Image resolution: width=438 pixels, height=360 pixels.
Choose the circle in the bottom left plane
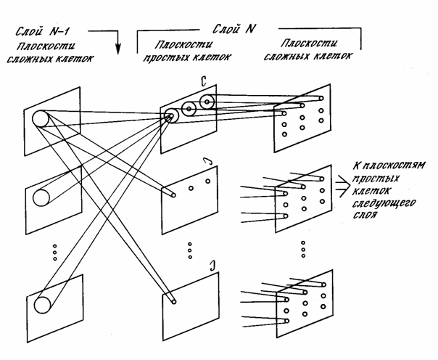pyautogui.click(x=42, y=303)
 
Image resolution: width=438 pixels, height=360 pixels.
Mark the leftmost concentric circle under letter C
pyautogui.click(x=171, y=115)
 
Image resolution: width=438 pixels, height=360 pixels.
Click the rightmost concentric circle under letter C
pyautogui.click(x=207, y=102)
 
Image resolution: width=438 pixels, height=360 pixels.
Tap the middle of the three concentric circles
pyautogui.click(x=189, y=109)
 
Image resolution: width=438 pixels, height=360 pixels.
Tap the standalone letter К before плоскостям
pyautogui.click(x=355, y=166)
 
